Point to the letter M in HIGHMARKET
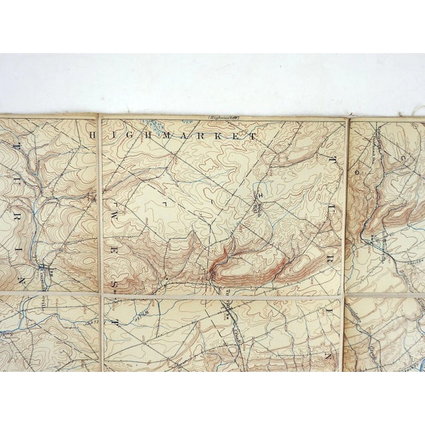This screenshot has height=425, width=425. click(170, 135)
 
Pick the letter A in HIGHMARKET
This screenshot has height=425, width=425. click(187, 135)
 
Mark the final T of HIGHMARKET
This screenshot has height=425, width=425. click(254, 135)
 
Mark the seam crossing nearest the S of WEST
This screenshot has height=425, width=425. click(102, 295)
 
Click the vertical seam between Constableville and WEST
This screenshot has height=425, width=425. click(100, 259)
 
